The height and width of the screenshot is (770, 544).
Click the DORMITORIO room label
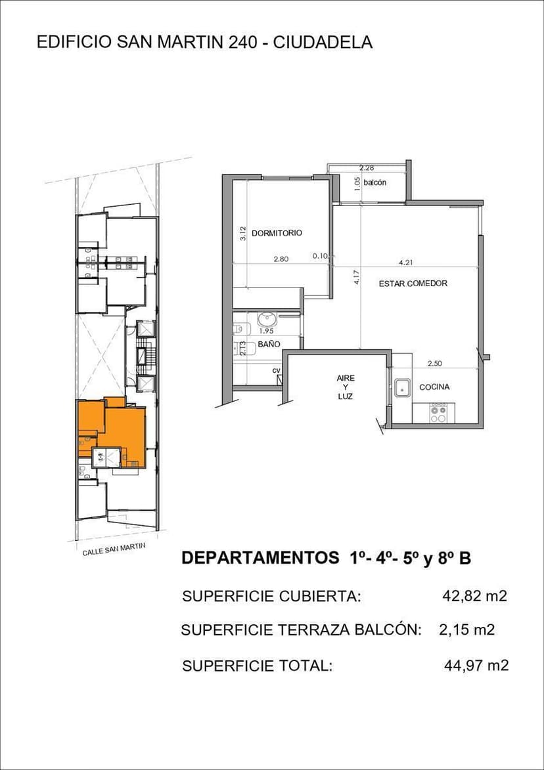pyautogui.click(x=277, y=233)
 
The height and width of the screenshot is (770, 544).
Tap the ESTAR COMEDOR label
pyautogui.click(x=413, y=284)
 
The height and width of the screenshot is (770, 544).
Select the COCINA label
pyautogui.click(x=434, y=387)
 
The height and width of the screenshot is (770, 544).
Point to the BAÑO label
pyautogui.click(x=269, y=345)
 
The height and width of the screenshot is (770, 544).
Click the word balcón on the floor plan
pyautogui.click(x=375, y=182)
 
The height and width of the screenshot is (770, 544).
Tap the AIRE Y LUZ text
pyautogui.click(x=345, y=387)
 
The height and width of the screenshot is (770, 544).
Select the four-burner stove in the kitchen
pyautogui.click(x=438, y=412)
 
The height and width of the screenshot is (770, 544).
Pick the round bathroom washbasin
pyautogui.click(x=268, y=321)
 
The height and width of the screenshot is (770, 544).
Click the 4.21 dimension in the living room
pyautogui.click(x=405, y=263)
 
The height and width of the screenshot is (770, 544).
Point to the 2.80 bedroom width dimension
pyautogui.click(x=281, y=259)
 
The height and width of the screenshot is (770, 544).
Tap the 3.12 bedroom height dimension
pyautogui.click(x=242, y=233)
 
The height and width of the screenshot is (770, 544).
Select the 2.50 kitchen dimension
pyautogui.click(x=435, y=364)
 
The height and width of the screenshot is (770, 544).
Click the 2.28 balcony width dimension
pyautogui.click(x=367, y=168)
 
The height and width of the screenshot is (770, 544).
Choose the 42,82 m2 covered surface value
pyautogui.click(x=474, y=596)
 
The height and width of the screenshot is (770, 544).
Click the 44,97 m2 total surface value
pyautogui.click(x=476, y=666)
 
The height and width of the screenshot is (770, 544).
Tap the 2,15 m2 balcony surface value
pyautogui.click(x=466, y=630)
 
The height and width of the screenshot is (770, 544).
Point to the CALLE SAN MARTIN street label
pyautogui.click(x=114, y=549)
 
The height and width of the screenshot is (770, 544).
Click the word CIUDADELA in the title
pyautogui.click(x=323, y=42)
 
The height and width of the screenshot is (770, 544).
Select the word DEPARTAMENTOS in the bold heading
pyautogui.click(x=260, y=559)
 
